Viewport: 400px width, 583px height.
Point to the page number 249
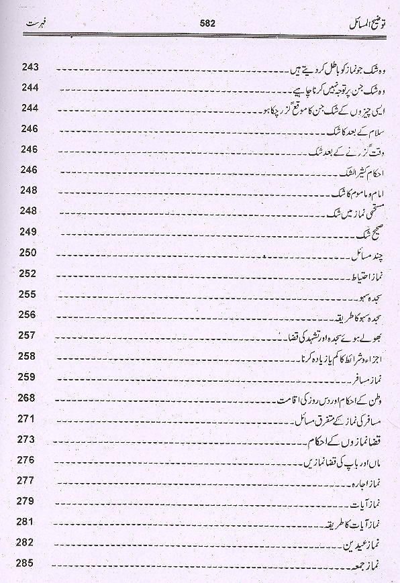(31, 232)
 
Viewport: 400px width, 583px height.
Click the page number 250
(31, 253)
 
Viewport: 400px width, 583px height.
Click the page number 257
(31, 335)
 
